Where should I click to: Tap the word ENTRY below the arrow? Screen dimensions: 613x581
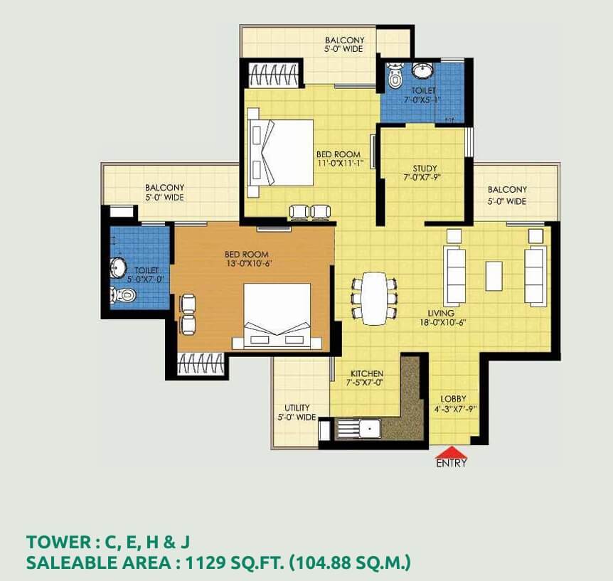(452, 464)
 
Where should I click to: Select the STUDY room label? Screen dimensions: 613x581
(425, 169)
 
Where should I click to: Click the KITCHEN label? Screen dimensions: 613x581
(367, 373)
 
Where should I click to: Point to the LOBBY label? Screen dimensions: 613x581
(453, 399)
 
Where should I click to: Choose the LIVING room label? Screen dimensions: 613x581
(441, 313)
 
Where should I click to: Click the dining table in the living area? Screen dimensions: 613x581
(374, 298)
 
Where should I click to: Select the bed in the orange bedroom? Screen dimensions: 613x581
(277, 316)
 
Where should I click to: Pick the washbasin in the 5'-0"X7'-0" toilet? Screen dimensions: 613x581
(118, 268)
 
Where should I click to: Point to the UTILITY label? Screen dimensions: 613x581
(297, 407)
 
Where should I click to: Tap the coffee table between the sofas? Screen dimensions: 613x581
(494, 276)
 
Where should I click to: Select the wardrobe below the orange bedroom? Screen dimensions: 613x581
(201, 363)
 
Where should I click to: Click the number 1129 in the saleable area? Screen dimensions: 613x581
(206, 563)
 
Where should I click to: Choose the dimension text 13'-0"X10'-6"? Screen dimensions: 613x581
(248, 264)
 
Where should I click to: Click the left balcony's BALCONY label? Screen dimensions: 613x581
(164, 188)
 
